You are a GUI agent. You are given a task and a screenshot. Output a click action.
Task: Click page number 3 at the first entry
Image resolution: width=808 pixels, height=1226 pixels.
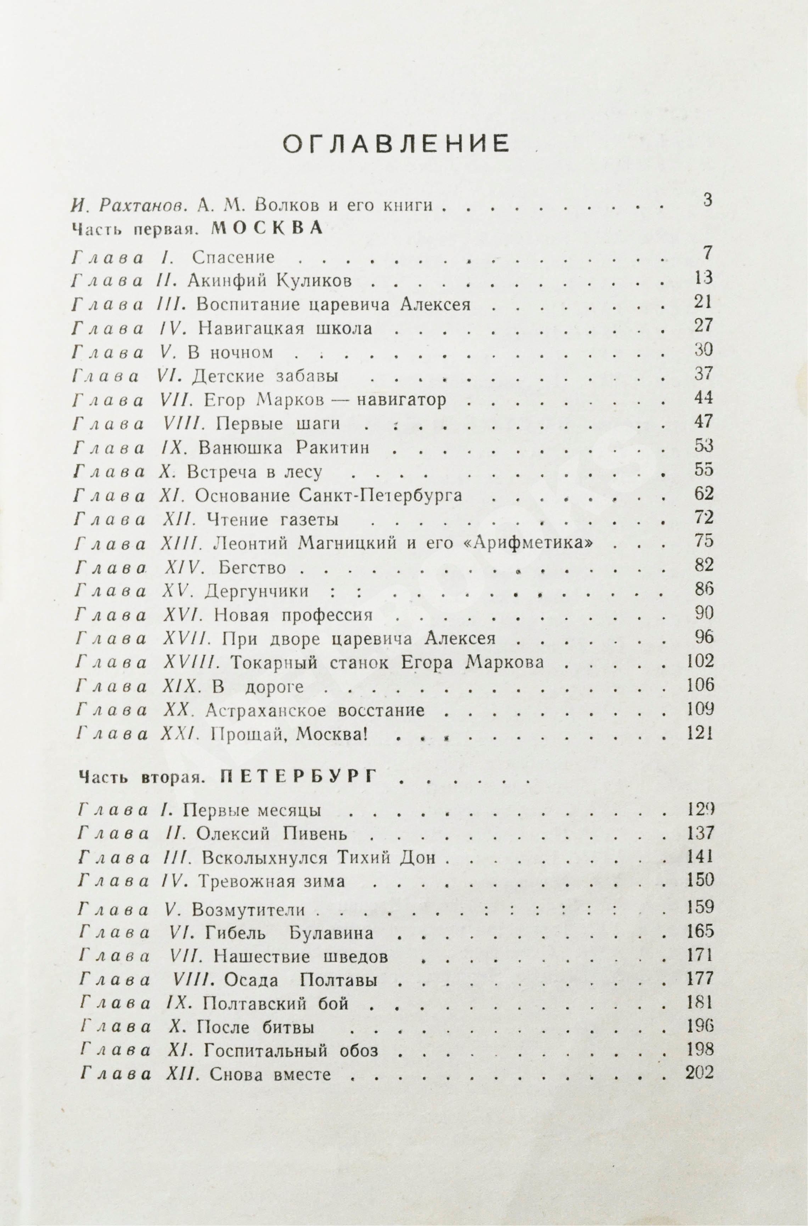[707, 200]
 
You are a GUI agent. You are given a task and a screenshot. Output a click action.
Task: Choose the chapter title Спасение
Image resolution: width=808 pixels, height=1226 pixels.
[234, 257]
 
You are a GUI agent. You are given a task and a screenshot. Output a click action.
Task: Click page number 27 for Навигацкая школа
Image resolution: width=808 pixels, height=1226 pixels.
[703, 326]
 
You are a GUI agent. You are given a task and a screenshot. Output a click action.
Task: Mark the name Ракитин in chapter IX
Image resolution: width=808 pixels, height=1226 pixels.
[333, 447]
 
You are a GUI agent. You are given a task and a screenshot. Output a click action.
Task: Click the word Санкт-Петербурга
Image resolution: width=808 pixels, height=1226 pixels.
[380, 495]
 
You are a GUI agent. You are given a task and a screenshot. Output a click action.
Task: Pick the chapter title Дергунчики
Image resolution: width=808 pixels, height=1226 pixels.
[256, 591]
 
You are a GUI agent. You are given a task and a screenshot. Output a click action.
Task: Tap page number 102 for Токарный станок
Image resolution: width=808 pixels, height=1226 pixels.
[700, 661]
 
